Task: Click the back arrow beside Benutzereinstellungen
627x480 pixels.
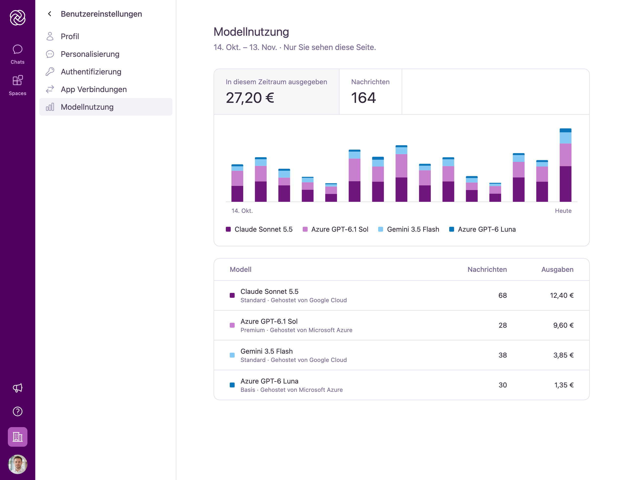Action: (x=50, y=14)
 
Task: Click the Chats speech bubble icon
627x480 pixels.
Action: (x=17, y=49)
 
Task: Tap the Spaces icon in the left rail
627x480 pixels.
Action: (x=17, y=80)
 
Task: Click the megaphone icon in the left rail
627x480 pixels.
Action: (x=17, y=388)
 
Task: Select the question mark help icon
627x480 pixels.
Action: (x=17, y=411)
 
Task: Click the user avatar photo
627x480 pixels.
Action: (x=17, y=464)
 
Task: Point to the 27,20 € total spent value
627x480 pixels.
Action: (x=250, y=98)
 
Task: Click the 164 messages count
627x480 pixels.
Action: (x=363, y=98)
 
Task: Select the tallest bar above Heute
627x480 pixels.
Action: (x=565, y=165)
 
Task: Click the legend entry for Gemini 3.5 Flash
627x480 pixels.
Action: (x=409, y=229)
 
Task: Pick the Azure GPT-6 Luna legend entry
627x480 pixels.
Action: (x=482, y=229)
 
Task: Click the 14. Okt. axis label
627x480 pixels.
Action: (x=242, y=211)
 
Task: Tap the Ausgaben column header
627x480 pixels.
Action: (x=557, y=269)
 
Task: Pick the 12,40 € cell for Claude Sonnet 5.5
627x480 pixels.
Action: (x=562, y=295)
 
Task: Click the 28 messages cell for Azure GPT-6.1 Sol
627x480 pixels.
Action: (x=503, y=325)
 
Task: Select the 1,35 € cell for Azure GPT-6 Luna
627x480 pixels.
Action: (x=564, y=385)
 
